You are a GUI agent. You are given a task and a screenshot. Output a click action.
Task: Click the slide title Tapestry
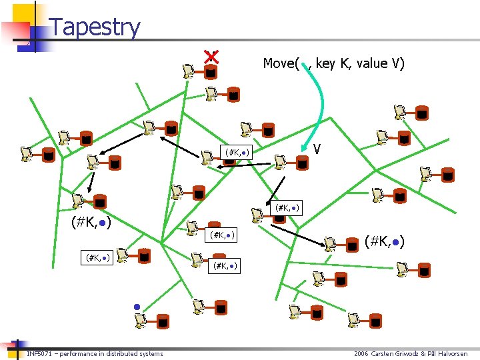pos(95,27)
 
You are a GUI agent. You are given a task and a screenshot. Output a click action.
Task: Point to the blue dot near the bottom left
pos(136,307)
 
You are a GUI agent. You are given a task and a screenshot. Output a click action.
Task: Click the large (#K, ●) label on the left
pos(91,221)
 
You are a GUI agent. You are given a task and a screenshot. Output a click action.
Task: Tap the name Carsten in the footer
pos(385,353)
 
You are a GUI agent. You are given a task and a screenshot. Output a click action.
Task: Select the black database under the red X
pos(211,72)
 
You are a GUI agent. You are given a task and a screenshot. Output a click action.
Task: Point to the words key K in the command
pos(335,63)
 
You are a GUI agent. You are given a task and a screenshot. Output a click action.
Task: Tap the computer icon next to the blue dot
pos(141,321)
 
